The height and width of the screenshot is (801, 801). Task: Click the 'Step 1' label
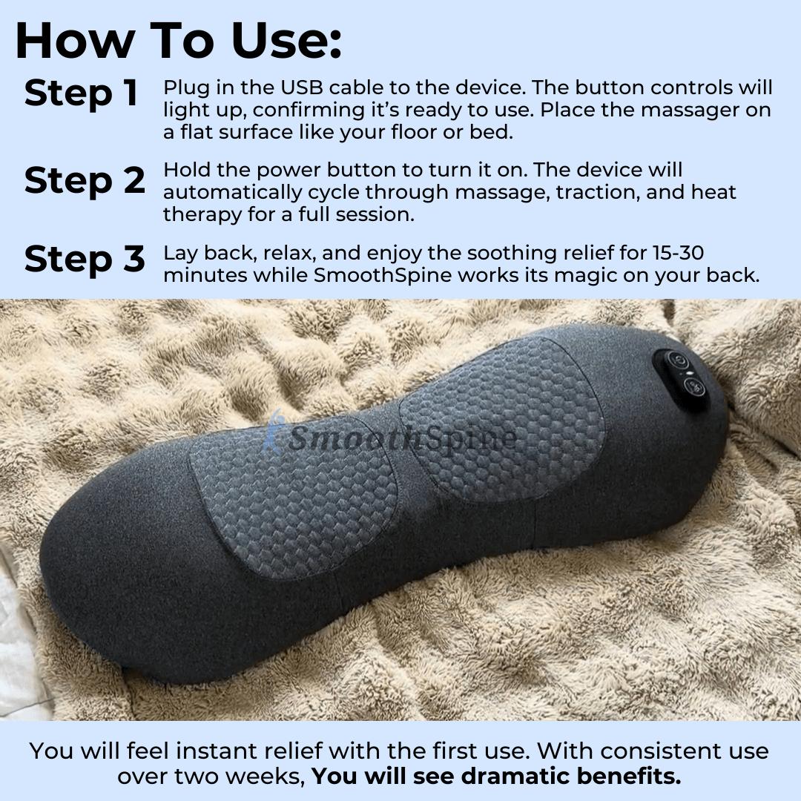point(82,93)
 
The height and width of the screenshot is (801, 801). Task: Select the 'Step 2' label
point(85,181)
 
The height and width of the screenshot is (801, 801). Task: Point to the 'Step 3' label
point(85,259)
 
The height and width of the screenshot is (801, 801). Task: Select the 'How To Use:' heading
point(179,42)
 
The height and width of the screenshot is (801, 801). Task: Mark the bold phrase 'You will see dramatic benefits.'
point(495,777)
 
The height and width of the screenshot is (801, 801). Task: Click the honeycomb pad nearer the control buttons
point(504,419)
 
